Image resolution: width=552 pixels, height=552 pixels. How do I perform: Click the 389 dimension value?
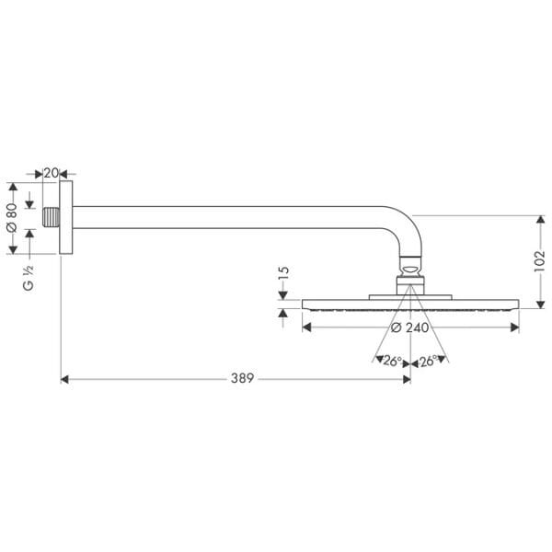tap(243, 378)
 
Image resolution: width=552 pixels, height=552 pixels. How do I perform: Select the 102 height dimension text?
tap(539, 260)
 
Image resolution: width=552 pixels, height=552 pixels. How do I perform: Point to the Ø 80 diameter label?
tap(12, 217)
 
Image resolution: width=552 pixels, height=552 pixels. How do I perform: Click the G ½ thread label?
tap(29, 277)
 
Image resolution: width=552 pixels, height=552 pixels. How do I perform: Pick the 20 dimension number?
tap(51, 173)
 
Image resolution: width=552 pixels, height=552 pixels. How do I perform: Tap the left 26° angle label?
tap(393, 362)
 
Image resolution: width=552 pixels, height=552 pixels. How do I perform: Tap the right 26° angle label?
tap(428, 362)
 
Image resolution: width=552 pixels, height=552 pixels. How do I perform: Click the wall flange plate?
tap(66, 217)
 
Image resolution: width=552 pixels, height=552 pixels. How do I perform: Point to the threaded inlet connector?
tap(52, 218)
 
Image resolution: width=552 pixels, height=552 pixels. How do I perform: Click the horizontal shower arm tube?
tap(230, 218)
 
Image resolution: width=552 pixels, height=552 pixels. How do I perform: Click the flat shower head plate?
tap(410, 304)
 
